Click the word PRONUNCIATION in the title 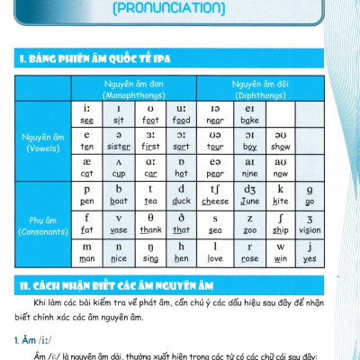pos(180,9)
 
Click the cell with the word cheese pos(215,195)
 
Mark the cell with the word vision pos(310,223)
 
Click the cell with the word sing pos(149,252)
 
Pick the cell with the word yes pos(310,252)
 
